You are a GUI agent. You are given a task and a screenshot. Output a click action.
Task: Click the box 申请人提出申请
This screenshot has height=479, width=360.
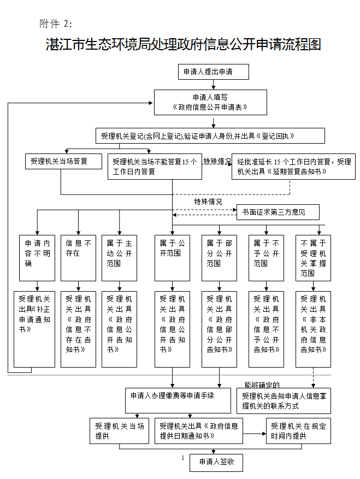point(213,72)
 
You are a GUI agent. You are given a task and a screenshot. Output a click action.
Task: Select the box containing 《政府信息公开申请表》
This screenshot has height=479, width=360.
point(210,102)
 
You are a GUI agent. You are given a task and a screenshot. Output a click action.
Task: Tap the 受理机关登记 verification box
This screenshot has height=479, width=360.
point(210,135)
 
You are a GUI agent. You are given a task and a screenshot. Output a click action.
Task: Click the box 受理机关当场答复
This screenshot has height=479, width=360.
point(64,161)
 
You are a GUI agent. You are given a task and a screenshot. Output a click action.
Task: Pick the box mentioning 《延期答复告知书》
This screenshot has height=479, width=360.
point(293,166)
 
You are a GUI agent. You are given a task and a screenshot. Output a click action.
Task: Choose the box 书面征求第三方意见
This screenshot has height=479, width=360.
point(278,212)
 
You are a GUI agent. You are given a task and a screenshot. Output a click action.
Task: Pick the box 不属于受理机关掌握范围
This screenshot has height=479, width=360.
point(313,258)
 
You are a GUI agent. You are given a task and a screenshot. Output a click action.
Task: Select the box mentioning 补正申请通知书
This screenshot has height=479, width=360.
point(34,329)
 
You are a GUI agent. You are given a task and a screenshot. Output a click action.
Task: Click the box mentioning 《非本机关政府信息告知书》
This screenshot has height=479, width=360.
point(313,329)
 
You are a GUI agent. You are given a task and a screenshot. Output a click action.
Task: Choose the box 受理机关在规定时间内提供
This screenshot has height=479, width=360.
point(299,431)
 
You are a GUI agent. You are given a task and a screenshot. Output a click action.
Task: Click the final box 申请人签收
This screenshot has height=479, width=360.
point(216,462)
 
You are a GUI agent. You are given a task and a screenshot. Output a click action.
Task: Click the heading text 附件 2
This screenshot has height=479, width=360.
point(56,23)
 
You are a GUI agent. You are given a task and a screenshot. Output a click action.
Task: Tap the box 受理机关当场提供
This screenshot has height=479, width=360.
point(119,431)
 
